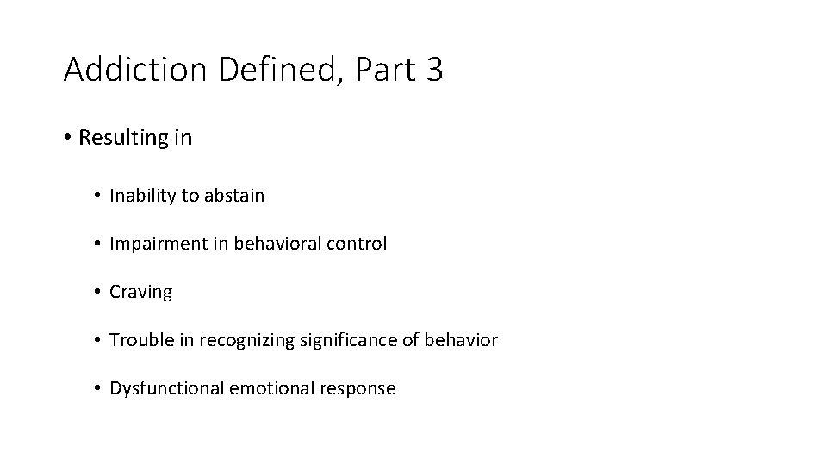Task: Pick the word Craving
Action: [x=140, y=293]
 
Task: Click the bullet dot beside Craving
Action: [x=99, y=292]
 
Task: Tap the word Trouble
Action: [x=142, y=340]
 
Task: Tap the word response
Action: [x=357, y=389]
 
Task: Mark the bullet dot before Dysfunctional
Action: [x=99, y=388]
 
